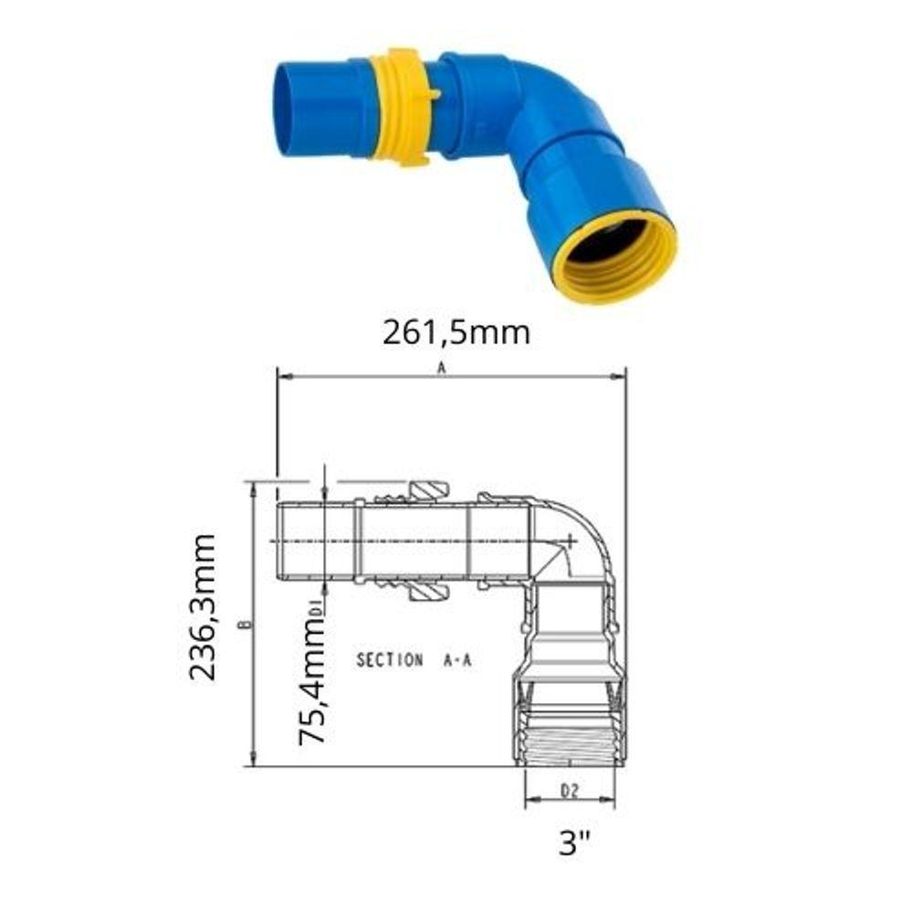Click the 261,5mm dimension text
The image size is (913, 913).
tap(456, 332)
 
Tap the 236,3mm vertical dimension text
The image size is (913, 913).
tap(203, 606)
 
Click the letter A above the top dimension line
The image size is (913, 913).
tap(442, 368)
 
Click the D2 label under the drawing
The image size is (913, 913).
tap(570, 791)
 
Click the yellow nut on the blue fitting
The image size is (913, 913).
tap(402, 107)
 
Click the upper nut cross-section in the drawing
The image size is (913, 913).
tap(425, 491)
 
